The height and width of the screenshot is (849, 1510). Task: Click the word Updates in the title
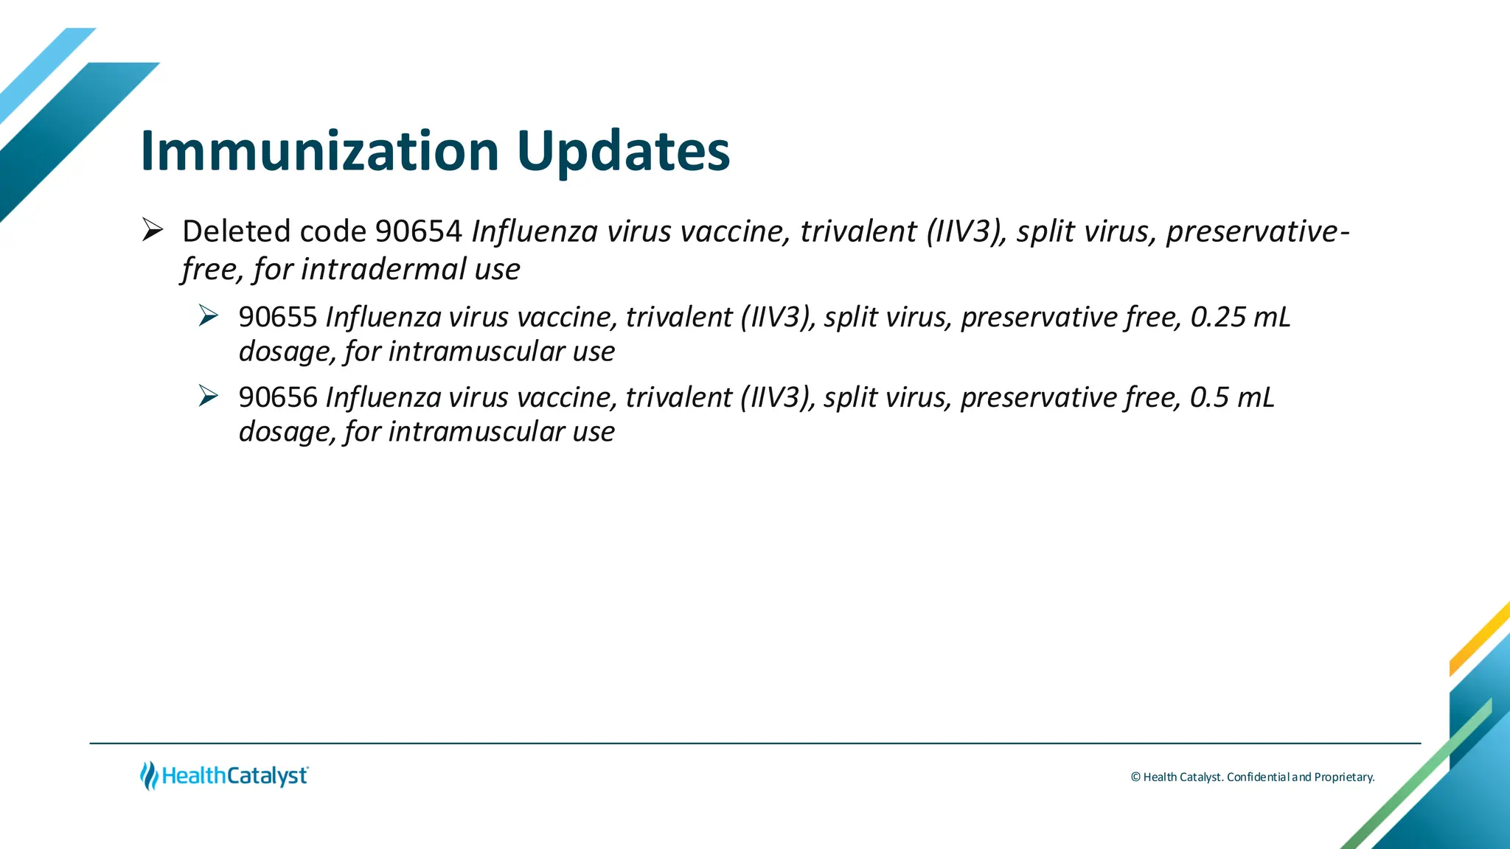coord(623,151)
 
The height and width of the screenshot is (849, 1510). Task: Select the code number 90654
coord(418,231)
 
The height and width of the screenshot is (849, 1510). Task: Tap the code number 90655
coord(278,317)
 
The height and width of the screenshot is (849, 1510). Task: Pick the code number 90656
coord(278,397)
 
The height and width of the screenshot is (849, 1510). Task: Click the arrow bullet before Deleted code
coord(153,231)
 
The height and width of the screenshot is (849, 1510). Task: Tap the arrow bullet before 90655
coord(209,316)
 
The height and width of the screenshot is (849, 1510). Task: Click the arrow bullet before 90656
coord(209,396)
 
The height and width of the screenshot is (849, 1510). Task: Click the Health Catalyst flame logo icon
coord(149,775)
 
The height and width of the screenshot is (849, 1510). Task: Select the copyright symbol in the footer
coord(1135,777)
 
